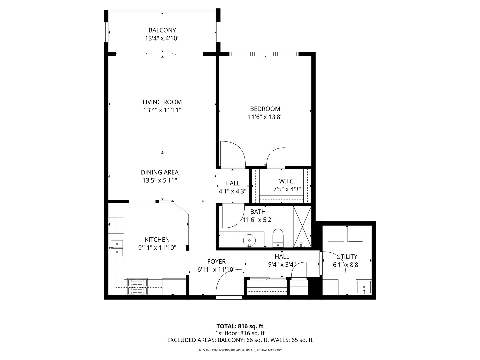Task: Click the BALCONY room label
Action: [x=162, y=30]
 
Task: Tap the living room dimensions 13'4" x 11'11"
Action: [x=162, y=110]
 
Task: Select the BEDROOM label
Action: [x=265, y=109]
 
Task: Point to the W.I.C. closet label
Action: [x=287, y=181]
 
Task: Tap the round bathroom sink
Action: [x=249, y=239]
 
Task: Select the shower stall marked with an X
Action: [x=302, y=227]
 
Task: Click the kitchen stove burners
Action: [x=138, y=287]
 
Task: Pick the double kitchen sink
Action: [x=117, y=248]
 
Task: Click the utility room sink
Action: [x=363, y=287]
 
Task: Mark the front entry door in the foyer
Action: [x=229, y=283]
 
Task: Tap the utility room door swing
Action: [x=333, y=263]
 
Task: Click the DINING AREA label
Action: [x=160, y=172]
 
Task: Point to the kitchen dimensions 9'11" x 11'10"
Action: [x=157, y=248]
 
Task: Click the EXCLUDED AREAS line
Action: [x=240, y=340]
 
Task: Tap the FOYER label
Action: [x=216, y=262]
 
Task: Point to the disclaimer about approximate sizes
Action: [x=240, y=350]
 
